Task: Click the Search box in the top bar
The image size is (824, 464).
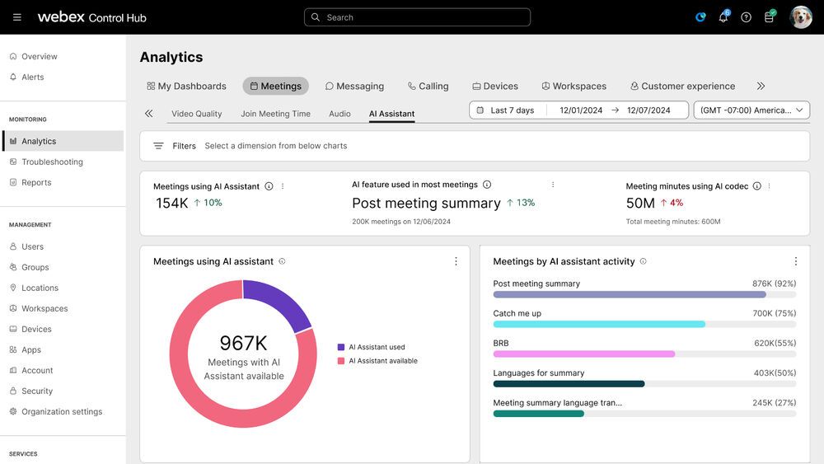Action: [x=417, y=17]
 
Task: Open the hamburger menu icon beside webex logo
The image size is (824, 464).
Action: [x=17, y=17]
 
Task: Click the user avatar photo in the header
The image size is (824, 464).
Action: [x=800, y=17]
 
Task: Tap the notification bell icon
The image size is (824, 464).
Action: [x=723, y=17]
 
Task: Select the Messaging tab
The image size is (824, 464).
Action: [x=354, y=86]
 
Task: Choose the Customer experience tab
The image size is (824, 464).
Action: [x=682, y=86]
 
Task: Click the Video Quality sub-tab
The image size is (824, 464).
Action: [x=196, y=114]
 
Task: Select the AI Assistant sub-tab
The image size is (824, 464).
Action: [x=391, y=114]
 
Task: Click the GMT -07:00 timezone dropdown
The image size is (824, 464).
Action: [x=751, y=110]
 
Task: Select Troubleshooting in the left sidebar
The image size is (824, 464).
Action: [x=52, y=162]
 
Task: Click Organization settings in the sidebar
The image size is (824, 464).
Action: [x=62, y=412]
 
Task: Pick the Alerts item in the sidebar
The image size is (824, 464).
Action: [x=33, y=77]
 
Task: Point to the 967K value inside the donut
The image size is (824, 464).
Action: [x=243, y=344]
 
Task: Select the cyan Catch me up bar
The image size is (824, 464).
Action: [x=599, y=324]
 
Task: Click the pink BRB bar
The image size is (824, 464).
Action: [x=583, y=354]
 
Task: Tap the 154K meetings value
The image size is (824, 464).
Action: [x=172, y=203]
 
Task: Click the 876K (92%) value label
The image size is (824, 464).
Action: [x=774, y=284]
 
